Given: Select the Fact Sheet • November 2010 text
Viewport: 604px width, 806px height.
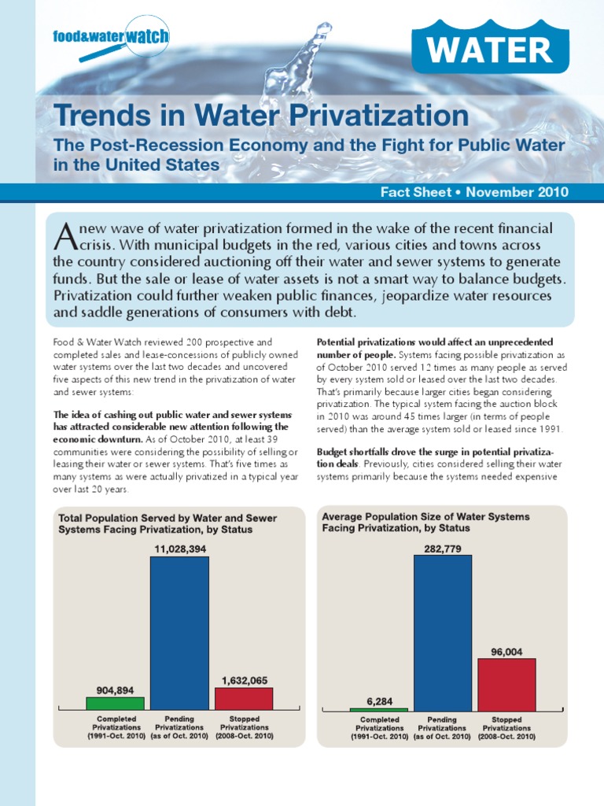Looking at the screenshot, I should [x=474, y=192].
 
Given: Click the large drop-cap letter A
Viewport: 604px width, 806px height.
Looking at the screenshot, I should [x=65, y=233].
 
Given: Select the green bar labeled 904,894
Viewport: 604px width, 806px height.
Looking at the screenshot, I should [x=115, y=703].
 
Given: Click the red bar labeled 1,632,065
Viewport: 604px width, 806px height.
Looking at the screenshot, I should [x=244, y=698].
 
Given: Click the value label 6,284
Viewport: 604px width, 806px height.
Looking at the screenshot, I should [x=378, y=700].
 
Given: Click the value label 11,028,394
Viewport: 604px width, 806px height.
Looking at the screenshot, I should [x=179, y=549].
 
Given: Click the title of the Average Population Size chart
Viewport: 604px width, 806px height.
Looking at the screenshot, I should [x=425, y=522].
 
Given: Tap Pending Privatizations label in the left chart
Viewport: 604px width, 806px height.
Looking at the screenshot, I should [x=179, y=727].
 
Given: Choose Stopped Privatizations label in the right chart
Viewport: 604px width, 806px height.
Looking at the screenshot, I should [x=507, y=727].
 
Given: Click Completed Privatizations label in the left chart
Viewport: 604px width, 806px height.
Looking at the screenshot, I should [x=116, y=727].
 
